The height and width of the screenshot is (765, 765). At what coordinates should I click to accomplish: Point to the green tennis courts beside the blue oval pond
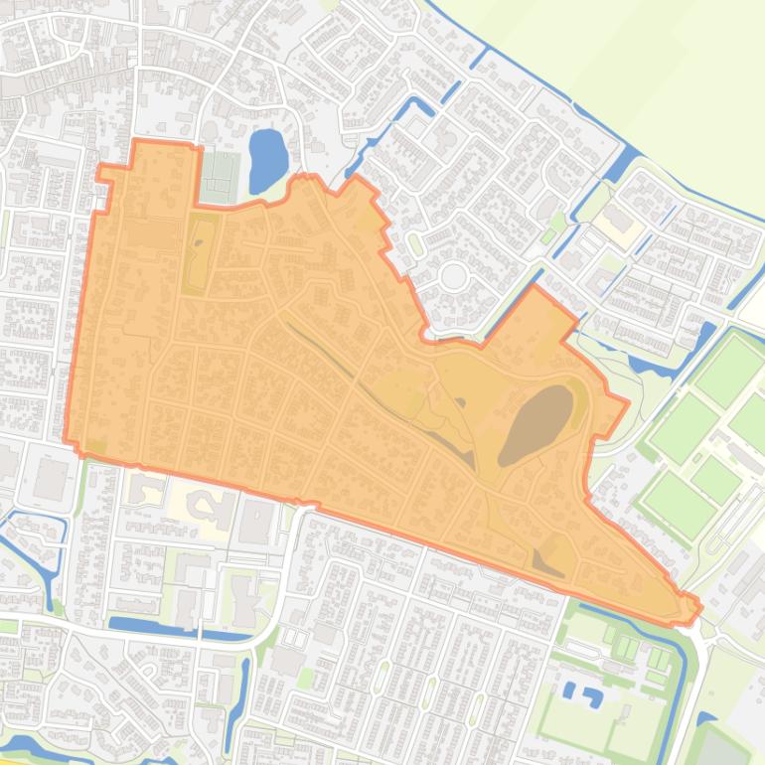point(220,176)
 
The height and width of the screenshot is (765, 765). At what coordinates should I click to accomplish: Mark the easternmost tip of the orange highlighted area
point(700,607)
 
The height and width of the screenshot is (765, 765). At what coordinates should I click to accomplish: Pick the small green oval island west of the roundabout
point(414,241)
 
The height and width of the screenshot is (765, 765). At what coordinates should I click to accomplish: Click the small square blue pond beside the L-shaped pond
point(567,688)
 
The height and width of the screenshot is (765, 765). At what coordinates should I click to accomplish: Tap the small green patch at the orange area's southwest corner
point(95,446)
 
